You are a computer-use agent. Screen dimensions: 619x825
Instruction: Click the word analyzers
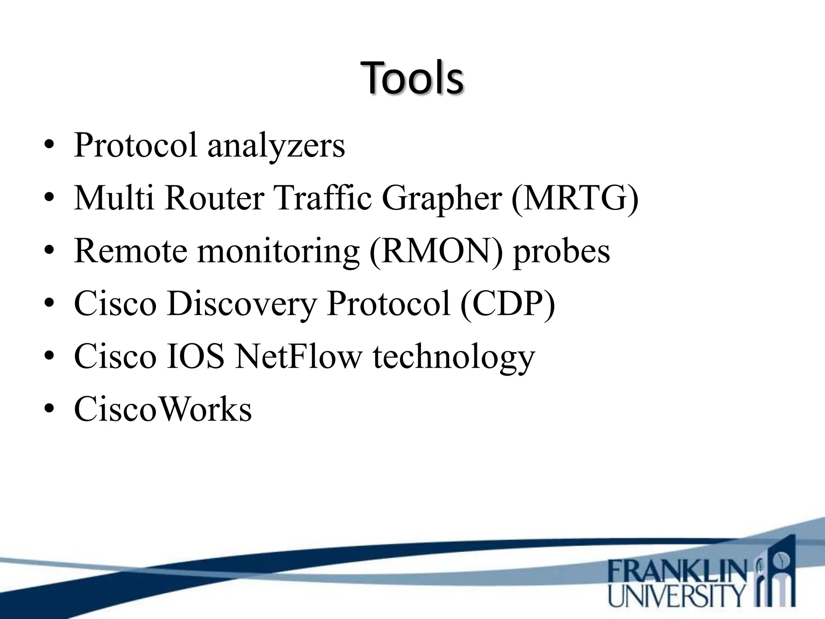point(276,146)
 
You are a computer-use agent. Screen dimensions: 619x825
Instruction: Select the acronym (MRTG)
point(575,199)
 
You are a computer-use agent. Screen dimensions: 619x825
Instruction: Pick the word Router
point(214,199)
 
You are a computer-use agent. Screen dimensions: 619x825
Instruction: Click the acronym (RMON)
point(436,251)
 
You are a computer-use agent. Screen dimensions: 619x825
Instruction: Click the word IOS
point(195,356)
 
